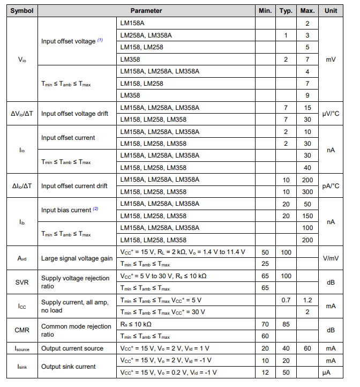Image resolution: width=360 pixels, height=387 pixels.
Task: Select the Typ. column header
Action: [286, 11]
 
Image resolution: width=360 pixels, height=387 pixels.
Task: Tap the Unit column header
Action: [331, 11]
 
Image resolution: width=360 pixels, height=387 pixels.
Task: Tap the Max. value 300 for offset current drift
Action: [307, 192]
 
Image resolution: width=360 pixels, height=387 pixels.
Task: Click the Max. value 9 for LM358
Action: [307, 95]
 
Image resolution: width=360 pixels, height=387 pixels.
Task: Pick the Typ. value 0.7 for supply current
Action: [286, 300]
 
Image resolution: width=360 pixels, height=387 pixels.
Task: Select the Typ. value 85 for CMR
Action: [286, 324]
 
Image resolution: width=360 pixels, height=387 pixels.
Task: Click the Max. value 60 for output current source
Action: [307, 348]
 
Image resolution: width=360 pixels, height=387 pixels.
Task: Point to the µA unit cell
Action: [331, 373]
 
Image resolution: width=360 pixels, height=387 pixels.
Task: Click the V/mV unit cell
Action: [331, 258]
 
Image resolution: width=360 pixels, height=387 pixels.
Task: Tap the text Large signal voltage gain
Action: [77, 258]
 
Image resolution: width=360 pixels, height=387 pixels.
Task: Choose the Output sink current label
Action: [69, 367]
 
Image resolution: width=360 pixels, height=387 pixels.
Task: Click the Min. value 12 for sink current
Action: [265, 373]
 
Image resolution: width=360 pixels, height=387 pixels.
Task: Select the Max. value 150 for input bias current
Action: [307, 216]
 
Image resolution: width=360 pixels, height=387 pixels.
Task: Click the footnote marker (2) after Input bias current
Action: [96, 209]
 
